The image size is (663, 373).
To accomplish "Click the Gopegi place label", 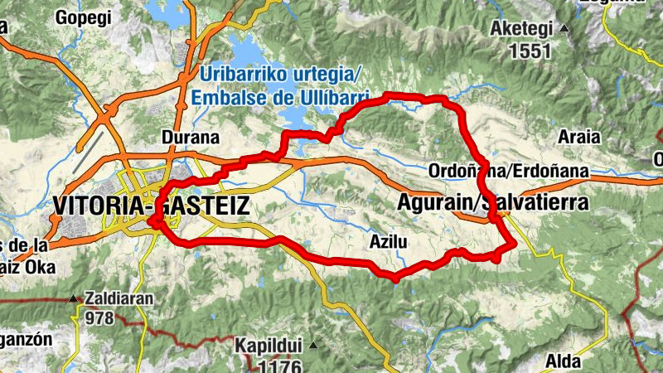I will coord(83,16).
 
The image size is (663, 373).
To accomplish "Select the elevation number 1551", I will coord(530,51).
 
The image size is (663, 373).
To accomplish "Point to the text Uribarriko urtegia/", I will coord(276,75).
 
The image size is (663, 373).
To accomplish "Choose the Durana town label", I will coord(191,138).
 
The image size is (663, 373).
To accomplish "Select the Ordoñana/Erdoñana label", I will coord(509,172).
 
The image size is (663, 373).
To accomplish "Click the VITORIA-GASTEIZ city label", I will coord(150,206).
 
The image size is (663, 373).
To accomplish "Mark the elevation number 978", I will coord(99,317).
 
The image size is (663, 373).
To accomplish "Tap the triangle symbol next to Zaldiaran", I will coord(74,298).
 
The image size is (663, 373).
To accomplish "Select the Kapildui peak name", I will coord(265,345).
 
